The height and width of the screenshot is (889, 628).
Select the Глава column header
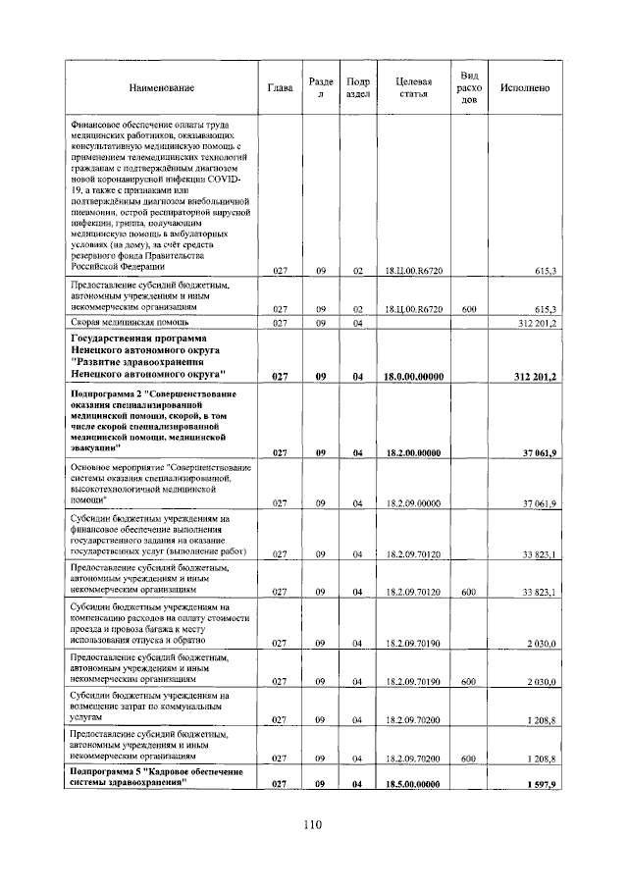pyautogui.click(x=280, y=88)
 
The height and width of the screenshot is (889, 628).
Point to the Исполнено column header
pyautogui.click(x=524, y=88)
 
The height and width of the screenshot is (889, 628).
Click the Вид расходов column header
pyautogui.click(x=469, y=87)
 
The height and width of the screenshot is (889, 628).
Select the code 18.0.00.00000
pyautogui.click(x=413, y=376)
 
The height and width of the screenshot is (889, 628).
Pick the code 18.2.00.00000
pyautogui.click(x=413, y=452)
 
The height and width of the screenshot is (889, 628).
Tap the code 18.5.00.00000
pyautogui.click(x=413, y=784)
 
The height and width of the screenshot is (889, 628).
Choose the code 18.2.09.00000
pyautogui.click(x=413, y=502)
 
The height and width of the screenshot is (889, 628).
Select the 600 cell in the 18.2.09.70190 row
pyautogui.click(x=469, y=681)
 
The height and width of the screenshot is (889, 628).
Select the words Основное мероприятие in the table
pyautogui.click(x=117, y=468)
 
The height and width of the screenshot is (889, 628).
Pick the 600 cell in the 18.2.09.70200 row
pyautogui.click(x=469, y=758)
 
